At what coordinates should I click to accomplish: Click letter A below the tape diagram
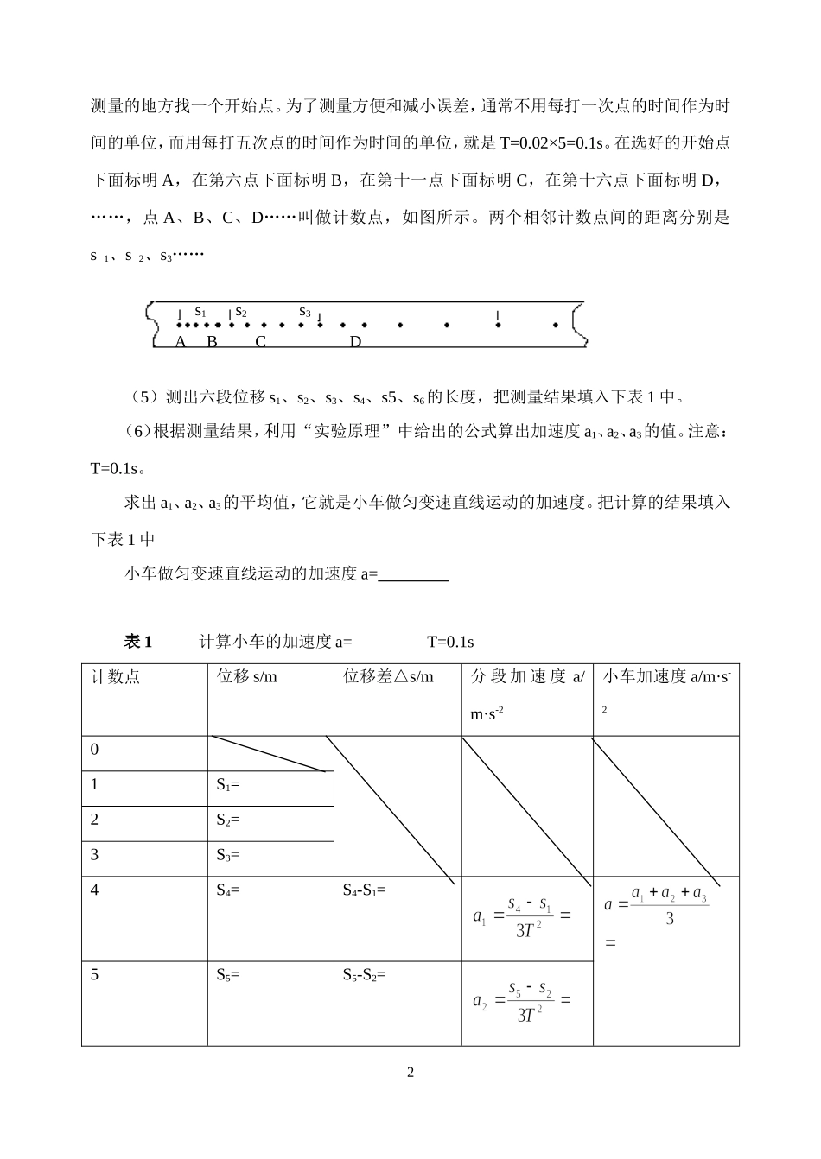point(181,341)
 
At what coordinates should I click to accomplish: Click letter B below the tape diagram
point(212,341)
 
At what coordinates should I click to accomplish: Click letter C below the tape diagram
point(260,341)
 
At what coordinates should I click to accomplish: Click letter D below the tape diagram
point(355,341)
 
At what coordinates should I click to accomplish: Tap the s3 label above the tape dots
point(304,312)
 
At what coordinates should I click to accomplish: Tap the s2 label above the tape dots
point(241,312)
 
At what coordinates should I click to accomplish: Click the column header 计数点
point(116,676)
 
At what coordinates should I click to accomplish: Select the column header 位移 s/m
point(247,676)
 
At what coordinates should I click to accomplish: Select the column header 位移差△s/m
point(388,676)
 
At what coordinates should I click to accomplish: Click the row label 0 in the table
point(95,750)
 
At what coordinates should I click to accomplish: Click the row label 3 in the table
point(95,855)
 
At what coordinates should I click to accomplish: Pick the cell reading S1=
point(228,785)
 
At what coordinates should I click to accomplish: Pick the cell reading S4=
point(228,890)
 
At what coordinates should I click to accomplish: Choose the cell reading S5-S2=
point(364,975)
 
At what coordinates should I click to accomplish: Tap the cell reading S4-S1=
point(364,890)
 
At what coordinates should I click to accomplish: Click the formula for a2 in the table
point(522,1001)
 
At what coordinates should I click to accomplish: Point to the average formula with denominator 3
point(657,906)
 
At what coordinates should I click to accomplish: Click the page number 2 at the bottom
point(410,1073)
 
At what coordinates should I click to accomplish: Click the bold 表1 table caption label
point(138,642)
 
